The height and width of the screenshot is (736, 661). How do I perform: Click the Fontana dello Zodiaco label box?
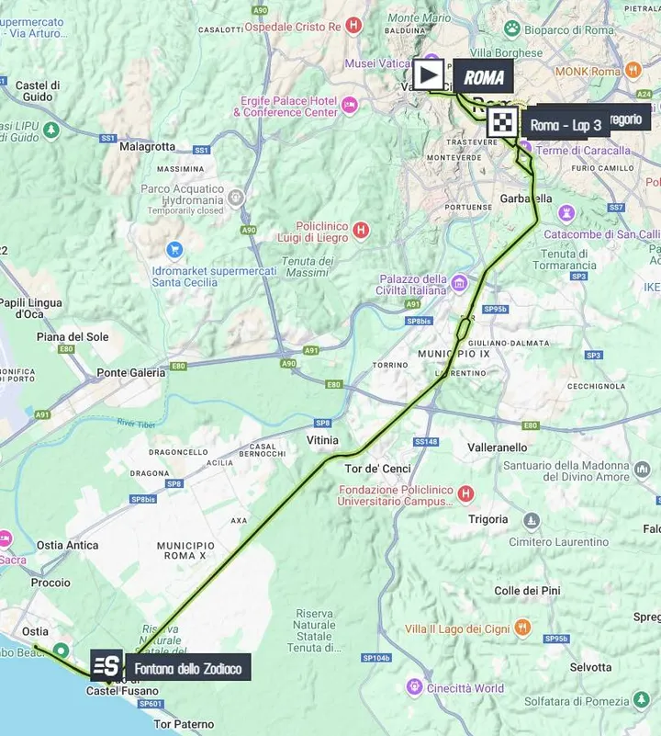pos(187,669)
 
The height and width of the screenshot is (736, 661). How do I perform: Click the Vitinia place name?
pos(322,441)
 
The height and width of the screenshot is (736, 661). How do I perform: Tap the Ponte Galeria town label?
pos(131,373)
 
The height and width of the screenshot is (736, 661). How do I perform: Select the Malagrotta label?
pos(147,146)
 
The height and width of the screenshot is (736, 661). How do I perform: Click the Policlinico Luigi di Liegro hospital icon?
pos(362,230)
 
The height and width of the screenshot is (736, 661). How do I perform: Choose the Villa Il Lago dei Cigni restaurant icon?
pos(522,628)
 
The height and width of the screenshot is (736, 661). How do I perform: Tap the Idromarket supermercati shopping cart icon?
pos(174,250)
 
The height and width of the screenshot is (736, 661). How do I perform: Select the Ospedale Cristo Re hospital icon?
pos(350,26)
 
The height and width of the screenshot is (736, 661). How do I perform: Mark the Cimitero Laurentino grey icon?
pos(531,521)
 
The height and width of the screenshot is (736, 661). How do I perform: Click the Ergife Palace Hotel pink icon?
pos(349,106)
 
